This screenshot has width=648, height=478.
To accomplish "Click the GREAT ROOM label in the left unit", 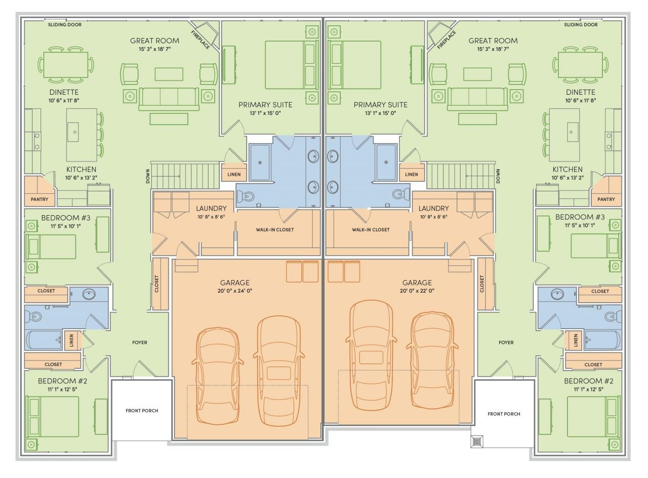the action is (x=154, y=41).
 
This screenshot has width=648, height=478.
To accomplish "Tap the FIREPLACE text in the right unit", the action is (x=447, y=39).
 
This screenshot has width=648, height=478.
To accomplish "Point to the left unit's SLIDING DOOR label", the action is (x=64, y=25).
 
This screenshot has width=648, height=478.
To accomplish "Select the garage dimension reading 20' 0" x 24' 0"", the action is (x=234, y=291).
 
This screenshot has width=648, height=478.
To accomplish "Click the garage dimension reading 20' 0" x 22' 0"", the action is (x=417, y=291).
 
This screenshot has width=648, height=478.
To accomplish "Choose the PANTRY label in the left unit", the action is (x=39, y=199).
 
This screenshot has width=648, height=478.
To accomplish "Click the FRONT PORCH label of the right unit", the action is (x=504, y=414).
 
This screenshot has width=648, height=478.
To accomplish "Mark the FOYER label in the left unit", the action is (x=139, y=342).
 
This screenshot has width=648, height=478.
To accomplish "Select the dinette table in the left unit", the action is (x=66, y=65).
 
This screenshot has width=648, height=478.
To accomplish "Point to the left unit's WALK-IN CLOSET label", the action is (x=274, y=229).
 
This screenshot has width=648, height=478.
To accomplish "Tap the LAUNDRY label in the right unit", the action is (x=433, y=208).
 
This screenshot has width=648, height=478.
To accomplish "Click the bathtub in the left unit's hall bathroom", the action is (x=44, y=340).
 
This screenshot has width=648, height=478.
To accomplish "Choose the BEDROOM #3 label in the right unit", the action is (x=580, y=217).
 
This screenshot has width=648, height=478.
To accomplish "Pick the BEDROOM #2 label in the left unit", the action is (x=62, y=381).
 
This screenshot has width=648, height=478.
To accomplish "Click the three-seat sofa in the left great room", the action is (x=169, y=99).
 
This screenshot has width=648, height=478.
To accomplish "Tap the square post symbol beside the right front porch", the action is (x=476, y=441).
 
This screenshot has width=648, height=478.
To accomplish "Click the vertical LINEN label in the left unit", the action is (x=71, y=340).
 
